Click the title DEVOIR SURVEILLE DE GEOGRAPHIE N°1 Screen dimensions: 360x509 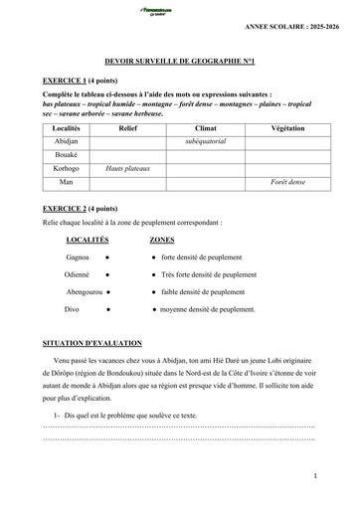180,61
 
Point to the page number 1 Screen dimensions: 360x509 314,476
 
